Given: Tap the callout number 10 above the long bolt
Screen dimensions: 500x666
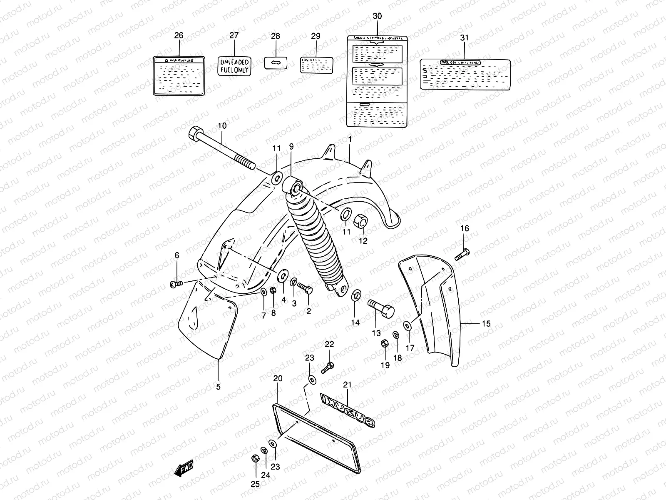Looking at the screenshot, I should pyautogui.click(x=222, y=126).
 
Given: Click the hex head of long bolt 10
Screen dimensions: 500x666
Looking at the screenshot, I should pyautogui.click(x=195, y=135).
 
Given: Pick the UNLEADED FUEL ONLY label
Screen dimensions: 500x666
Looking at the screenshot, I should pyautogui.click(x=234, y=66).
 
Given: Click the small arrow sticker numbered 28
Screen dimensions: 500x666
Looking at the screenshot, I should pyautogui.click(x=275, y=62).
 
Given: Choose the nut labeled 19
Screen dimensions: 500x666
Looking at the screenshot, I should pyautogui.click(x=384, y=345).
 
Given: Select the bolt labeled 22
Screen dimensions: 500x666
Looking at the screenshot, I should pyautogui.click(x=328, y=367).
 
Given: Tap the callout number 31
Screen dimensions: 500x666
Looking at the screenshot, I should pyautogui.click(x=464, y=37).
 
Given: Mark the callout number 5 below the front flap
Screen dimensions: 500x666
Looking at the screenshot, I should pyautogui.click(x=218, y=387).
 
